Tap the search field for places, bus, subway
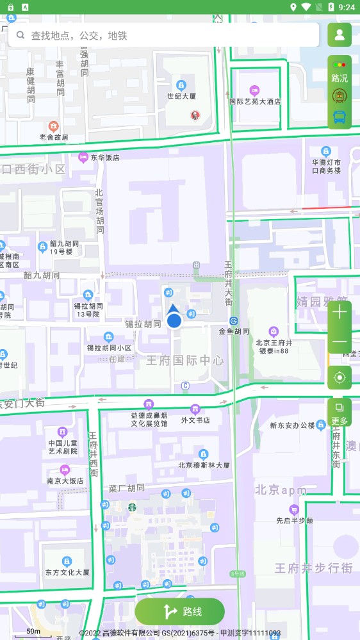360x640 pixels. [163, 35]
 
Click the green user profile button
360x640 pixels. [340, 35]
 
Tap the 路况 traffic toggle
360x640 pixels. [340, 70]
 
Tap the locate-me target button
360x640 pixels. [340, 378]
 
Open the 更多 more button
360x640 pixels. [340, 413]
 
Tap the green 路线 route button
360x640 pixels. [180, 611]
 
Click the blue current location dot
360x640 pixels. [174, 320]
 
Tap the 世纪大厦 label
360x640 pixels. [181, 96]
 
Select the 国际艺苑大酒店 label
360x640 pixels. [255, 101]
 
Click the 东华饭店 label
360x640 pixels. [104, 157]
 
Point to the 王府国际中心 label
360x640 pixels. [186, 360]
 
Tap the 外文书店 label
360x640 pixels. [195, 420]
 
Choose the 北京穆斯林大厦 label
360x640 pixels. [204, 465]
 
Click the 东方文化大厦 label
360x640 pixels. [67, 572]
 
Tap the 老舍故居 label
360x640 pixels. [54, 136]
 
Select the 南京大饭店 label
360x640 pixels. [65, 480]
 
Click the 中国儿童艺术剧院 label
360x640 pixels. [62, 447]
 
